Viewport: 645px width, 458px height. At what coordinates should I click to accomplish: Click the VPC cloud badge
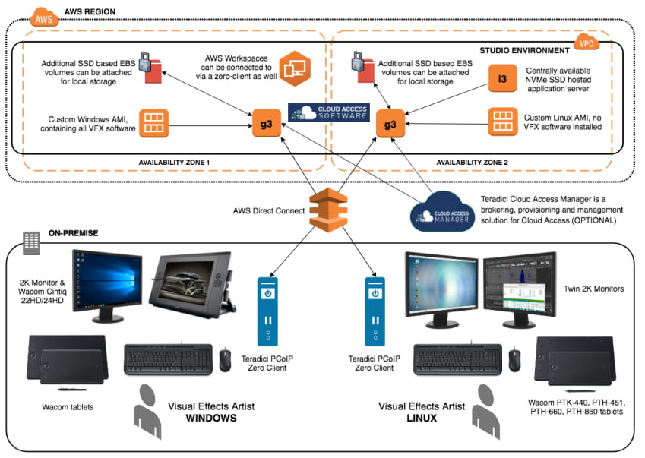(x=587, y=40)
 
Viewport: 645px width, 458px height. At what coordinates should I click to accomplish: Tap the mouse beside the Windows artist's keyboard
(x=226, y=361)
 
